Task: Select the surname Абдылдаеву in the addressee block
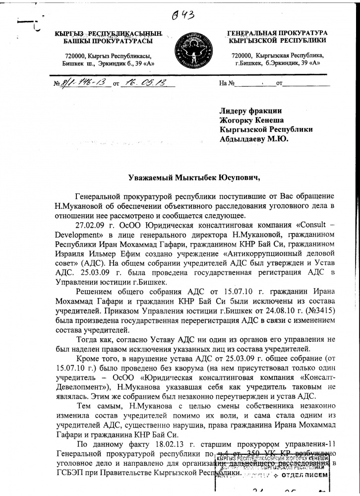pyautogui.click(x=242, y=138)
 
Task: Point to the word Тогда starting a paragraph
pyautogui.click(x=89, y=339)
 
